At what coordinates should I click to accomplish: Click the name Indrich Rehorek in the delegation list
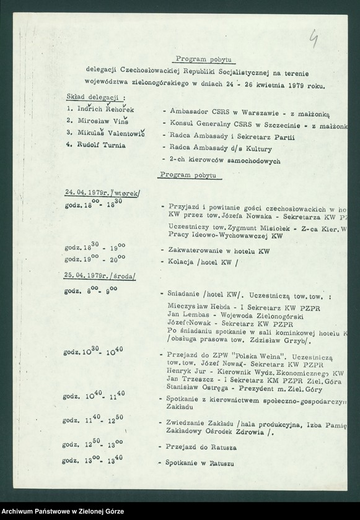point(103,110)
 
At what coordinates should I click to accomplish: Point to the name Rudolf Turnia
point(98,145)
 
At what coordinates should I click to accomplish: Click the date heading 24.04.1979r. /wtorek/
point(103,194)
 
